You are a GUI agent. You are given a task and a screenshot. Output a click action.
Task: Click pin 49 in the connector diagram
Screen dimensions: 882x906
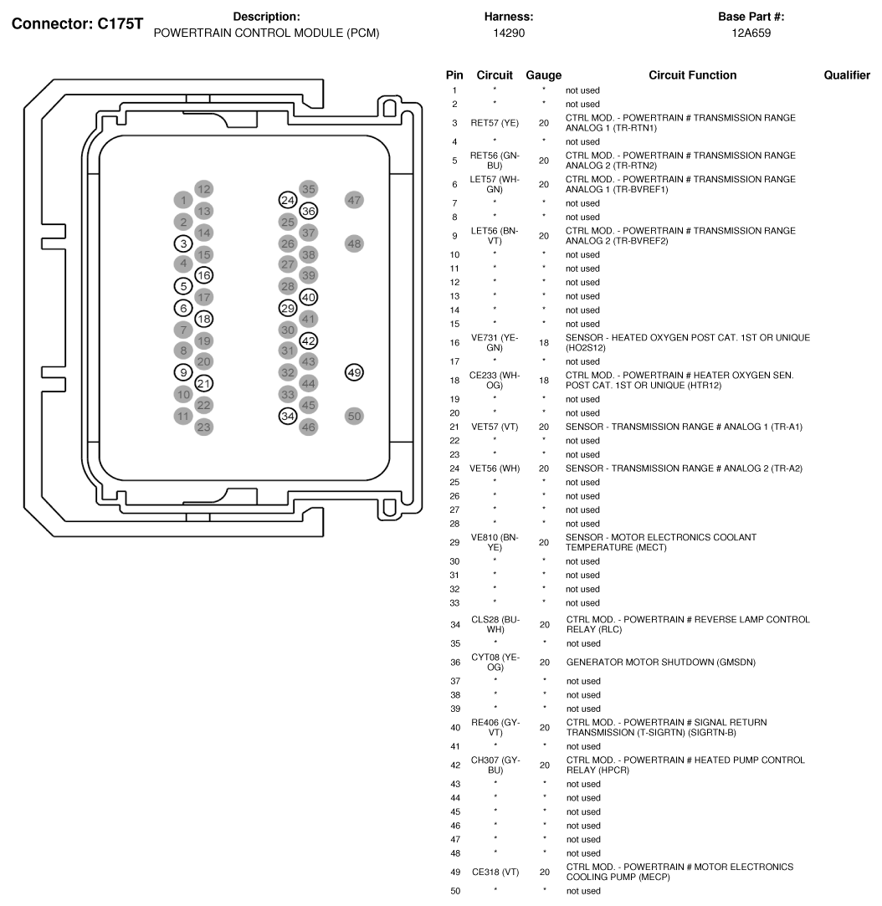click(x=354, y=372)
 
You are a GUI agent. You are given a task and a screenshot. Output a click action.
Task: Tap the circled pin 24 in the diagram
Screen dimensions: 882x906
click(x=288, y=200)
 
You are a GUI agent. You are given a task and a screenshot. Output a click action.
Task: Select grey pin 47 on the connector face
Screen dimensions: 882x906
click(x=354, y=200)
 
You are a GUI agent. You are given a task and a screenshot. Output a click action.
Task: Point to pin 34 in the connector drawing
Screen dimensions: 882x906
click(x=288, y=416)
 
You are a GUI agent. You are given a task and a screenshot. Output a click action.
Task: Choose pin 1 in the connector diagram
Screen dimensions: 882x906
click(x=183, y=200)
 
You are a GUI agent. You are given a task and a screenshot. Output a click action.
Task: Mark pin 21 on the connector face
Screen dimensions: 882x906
click(x=203, y=383)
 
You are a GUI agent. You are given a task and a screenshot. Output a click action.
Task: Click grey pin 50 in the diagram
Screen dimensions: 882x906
click(x=354, y=416)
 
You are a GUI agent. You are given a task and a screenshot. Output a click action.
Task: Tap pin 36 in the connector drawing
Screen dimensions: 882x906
click(x=309, y=211)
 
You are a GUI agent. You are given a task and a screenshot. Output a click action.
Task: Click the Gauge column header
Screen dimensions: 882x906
click(x=543, y=75)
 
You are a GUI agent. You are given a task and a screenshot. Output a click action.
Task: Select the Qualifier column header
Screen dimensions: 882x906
click(x=847, y=75)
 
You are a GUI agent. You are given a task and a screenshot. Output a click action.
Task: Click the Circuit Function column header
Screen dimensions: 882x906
click(x=692, y=75)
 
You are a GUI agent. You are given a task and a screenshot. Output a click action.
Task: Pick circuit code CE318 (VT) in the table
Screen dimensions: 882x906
click(x=495, y=872)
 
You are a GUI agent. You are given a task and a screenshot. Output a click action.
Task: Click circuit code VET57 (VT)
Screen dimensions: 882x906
click(x=495, y=427)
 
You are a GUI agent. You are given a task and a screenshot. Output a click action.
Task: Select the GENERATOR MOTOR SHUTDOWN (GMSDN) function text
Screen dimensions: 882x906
click(x=660, y=663)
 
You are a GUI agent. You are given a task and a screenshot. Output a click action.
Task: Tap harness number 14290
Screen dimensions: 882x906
click(x=509, y=33)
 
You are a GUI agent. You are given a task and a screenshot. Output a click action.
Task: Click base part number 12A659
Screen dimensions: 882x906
click(x=751, y=33)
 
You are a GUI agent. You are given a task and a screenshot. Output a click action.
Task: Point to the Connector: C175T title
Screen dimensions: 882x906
click(x=77, y=23)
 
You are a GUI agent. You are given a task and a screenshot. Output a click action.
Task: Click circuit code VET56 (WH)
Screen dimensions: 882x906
click(x=495, y=468)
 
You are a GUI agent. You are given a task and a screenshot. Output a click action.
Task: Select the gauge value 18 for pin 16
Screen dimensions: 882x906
click(x=544, y=343)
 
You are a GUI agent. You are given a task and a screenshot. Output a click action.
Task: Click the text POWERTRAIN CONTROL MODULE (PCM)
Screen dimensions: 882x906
click(x=266, y=33)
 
